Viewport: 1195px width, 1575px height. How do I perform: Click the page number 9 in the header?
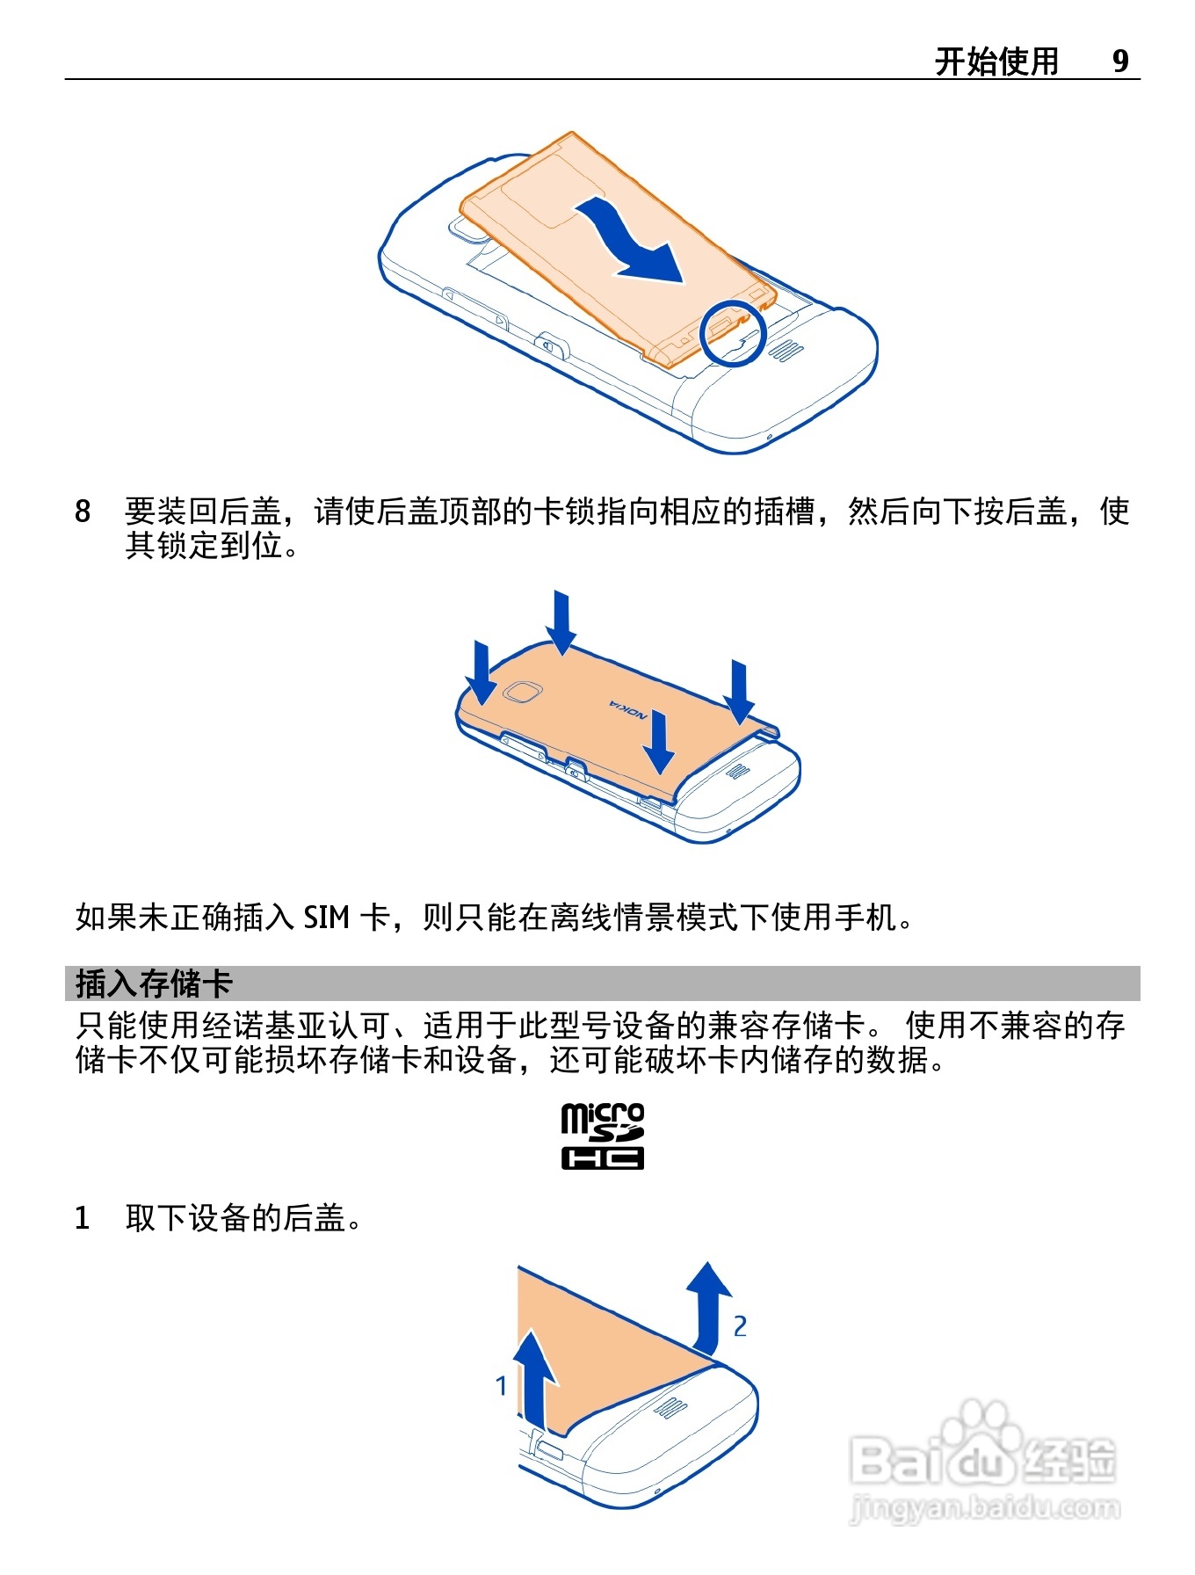point(1120,61)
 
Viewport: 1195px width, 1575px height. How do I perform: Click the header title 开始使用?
point(996,62)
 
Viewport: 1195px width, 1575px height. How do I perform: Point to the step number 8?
point(83,511)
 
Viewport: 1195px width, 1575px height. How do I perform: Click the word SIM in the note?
point(327,918)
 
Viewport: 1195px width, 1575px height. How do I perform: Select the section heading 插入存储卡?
point(154,983)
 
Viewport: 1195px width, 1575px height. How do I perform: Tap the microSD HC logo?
point(603,1136)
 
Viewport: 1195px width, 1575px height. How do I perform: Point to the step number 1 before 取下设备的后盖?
point(83,1218)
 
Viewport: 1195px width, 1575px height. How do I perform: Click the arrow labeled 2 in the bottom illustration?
point(708,1307)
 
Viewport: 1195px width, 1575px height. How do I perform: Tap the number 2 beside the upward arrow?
point(740,1326)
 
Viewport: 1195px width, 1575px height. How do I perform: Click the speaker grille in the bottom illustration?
point(671,1408)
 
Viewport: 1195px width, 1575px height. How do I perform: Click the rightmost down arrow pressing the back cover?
point(740,693)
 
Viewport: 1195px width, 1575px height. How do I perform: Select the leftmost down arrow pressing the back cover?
point(482,673)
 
